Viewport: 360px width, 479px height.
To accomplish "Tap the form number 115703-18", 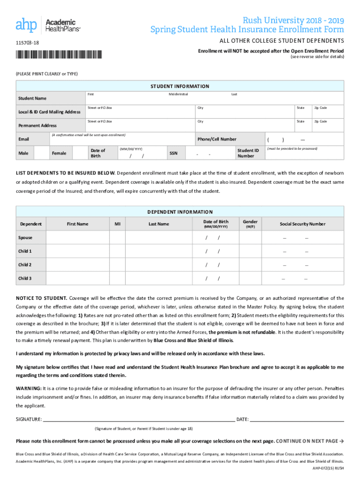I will [x=28, y=44].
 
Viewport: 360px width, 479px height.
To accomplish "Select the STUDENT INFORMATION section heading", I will [x=180, y=87].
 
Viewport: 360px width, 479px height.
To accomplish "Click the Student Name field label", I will [x=32, y=98].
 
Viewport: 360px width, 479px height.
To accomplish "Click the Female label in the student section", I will [x=59, y=153].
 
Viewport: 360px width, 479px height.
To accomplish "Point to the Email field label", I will [x=23, y=139].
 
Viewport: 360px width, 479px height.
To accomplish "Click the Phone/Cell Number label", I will [x=217, y=139].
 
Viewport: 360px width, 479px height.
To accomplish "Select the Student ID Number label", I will [x=248, y=153].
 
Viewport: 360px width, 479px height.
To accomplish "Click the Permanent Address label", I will [x=37, y=125].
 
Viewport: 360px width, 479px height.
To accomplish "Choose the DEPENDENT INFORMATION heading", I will [x=180, y=212].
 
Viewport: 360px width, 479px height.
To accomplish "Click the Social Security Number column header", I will [x=302, y=224].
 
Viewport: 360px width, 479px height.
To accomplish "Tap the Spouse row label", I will [x=25, y=238].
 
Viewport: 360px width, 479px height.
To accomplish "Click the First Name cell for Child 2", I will [x=78, y=265].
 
